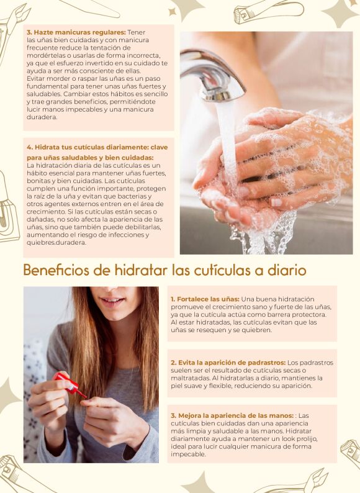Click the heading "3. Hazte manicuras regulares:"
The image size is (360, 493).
(x=76, y=32)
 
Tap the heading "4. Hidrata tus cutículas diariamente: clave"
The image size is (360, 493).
(x=97, y=147)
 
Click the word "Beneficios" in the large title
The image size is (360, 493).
(x=56, y=270)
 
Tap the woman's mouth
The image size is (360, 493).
(x=111, y=301)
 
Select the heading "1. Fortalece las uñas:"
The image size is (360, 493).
(x=205, y=299)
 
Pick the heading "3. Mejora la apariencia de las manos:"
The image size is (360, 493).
(x=232, y=415)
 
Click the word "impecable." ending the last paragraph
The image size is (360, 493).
(x=188, y=455)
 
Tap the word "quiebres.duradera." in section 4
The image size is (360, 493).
(x=56, y=243)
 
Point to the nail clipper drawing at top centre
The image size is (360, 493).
(x=268, y=11)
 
